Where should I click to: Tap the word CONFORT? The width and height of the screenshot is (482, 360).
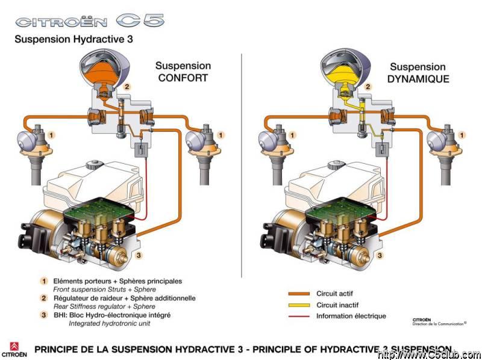(x=183, y=78)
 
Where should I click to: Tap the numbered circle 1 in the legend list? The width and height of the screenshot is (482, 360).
(x=43, y=281)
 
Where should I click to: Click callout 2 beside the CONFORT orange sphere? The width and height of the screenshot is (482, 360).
(x=127, y=87)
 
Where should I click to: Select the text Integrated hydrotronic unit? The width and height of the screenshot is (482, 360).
(x=110, y=323)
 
